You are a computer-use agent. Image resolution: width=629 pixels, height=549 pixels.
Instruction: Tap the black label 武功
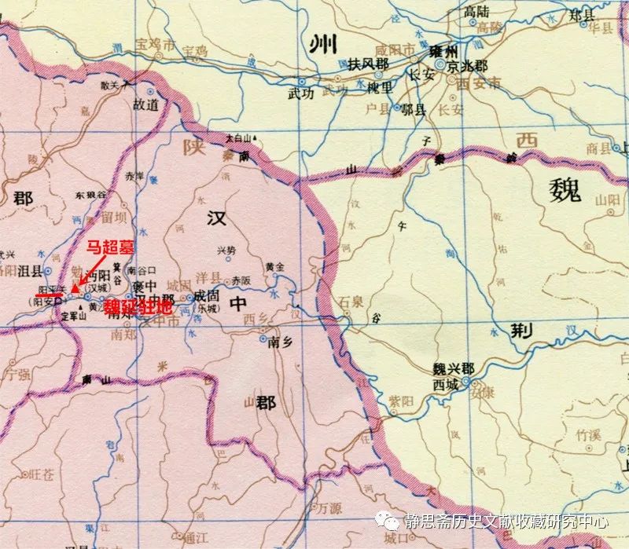(x=301, y=93)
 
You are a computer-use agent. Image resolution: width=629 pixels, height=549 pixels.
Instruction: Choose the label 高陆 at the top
(x=476, y=10)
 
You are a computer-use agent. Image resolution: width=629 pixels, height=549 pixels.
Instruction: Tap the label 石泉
(x=350, y=299)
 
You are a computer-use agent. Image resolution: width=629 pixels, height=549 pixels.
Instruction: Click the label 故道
(x=145, y=104)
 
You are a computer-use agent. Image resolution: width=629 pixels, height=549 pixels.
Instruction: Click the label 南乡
(x=280, y=342)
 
